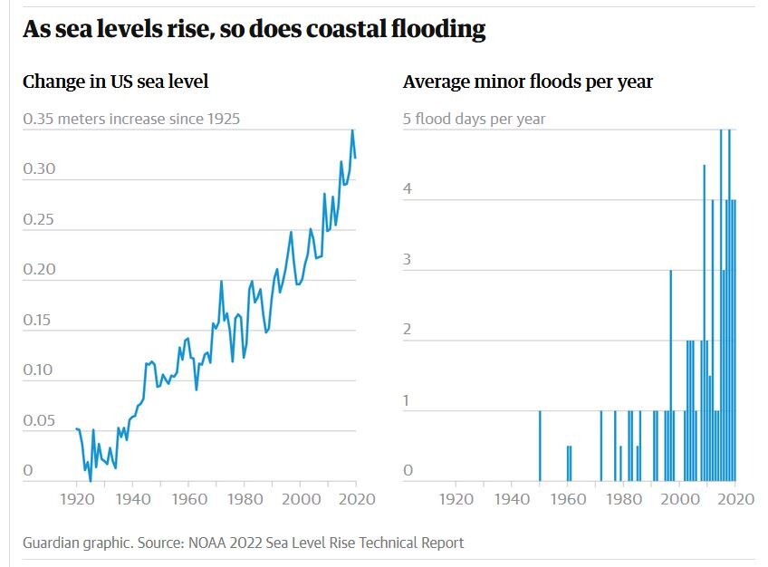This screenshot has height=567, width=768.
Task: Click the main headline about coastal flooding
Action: [x=254, y=30]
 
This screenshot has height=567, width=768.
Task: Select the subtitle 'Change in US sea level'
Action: [x=115, y=82]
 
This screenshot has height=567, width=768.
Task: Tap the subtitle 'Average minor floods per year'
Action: [x=527, y=82]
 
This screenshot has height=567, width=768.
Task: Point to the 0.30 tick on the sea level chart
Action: [x=39, y=169]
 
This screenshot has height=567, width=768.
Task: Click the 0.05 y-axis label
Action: [x=39, y=420]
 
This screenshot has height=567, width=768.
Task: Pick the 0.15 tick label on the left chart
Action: [x=39, y=320]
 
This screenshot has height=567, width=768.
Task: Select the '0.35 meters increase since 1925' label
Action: [x=131, y=119]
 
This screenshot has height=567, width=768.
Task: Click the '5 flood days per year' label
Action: [x=474, y=119]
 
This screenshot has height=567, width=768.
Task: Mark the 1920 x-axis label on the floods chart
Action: [x=456, y=498]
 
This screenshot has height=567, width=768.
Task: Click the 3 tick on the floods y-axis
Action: [x=408, y=260]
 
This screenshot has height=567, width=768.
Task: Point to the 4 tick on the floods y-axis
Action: [x=408, y=190]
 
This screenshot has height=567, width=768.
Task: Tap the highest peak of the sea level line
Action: [x=352, y=130]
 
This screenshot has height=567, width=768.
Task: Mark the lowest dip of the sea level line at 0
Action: [x=90, y=480]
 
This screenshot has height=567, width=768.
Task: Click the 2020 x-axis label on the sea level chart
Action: [x=356, y=498]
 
